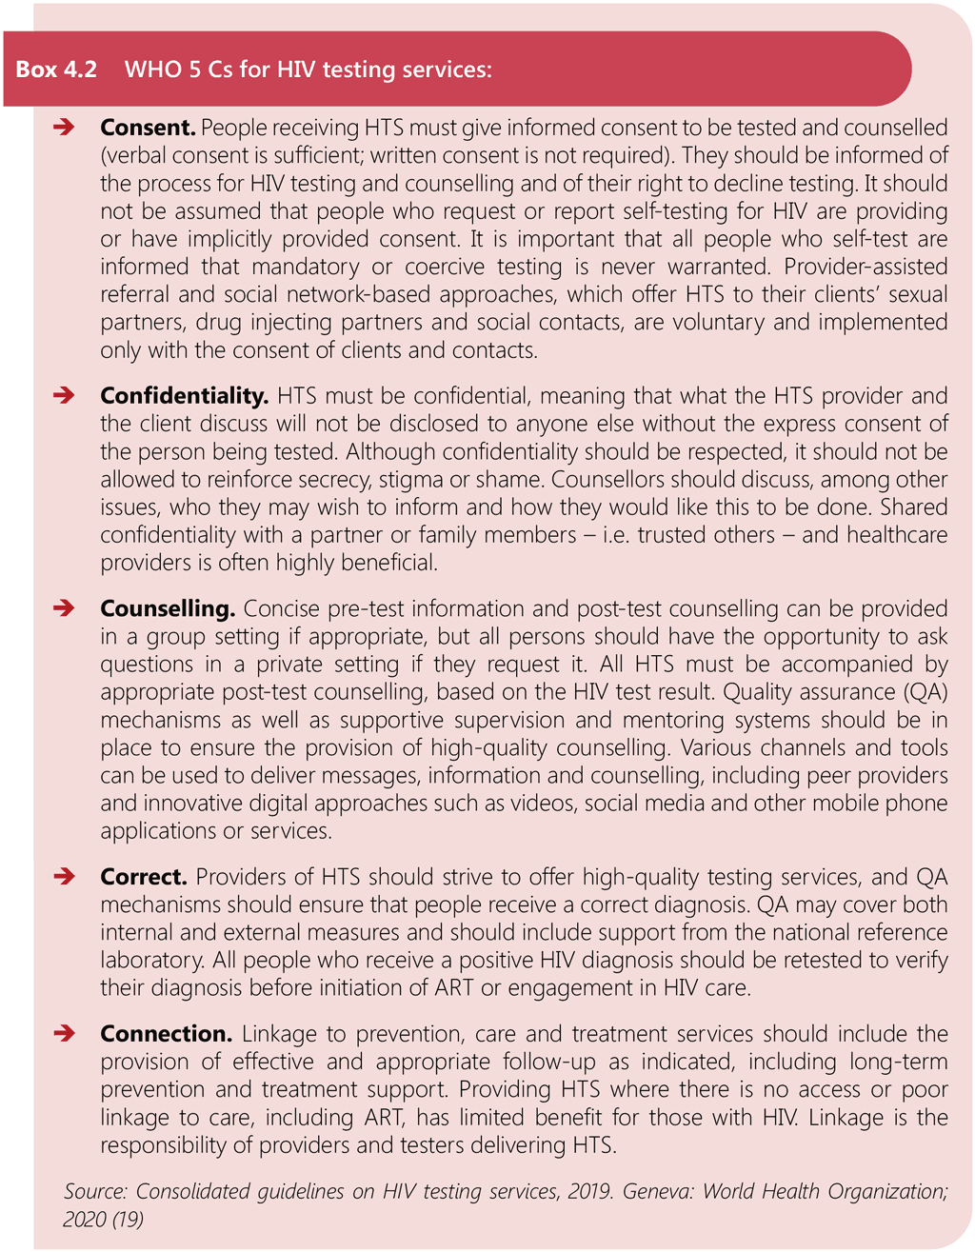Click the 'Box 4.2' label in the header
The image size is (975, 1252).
tap(56, 70)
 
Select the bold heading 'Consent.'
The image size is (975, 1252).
tap(148, 128)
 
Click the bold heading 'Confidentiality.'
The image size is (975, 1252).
tap(185, 395)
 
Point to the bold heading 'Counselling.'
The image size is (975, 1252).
tap(168, 608)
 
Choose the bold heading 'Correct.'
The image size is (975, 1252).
tap(144, 877)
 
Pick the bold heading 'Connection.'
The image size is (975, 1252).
tap(166, 1034)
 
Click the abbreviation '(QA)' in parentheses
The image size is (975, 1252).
tap(920, 692)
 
